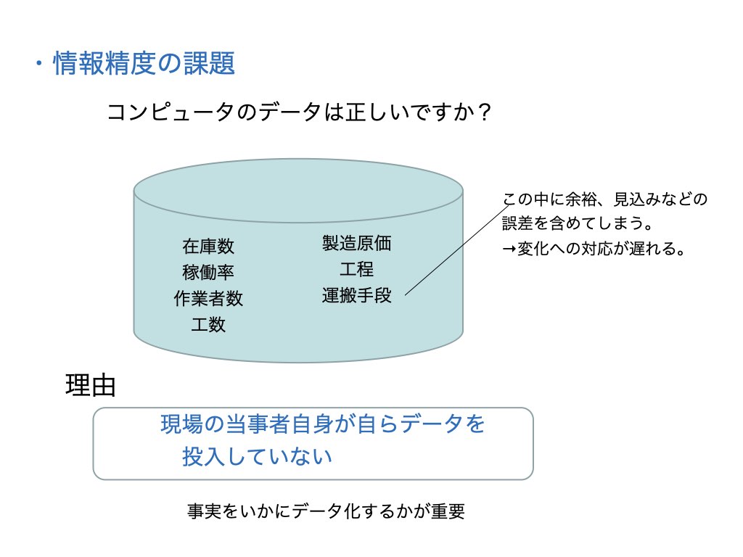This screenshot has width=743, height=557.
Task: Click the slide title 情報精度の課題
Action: pos(144,63)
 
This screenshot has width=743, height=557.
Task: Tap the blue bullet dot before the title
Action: pos(39,64)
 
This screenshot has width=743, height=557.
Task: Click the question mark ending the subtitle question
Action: pos(484,112)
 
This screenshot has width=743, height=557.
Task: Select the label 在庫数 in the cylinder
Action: pos(208,247)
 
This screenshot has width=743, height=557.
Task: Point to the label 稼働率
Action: pos(208,273)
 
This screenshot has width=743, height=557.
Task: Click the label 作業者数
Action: pos(208,298)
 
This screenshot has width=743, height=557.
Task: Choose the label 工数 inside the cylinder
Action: pos(208,325)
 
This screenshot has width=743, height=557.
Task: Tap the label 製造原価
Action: pos(357,244)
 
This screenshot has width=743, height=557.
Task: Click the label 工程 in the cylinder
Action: pos(357,270)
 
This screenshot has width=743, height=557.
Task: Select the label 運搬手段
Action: pos(357,296)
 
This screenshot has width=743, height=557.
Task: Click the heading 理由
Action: pos(91,385)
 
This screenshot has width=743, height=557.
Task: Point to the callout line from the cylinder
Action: pos(457,250)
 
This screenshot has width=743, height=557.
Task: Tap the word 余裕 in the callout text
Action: pos(580,199)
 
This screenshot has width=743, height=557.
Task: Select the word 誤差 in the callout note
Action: pos(517,223)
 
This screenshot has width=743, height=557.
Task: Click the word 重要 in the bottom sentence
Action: pos(448,511)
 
